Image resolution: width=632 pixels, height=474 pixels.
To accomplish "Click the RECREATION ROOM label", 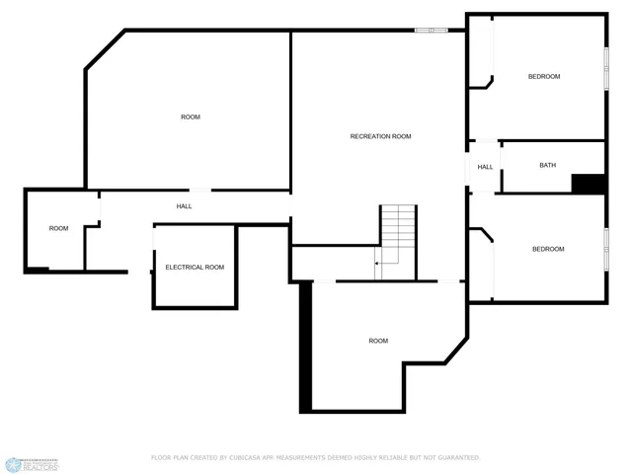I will point(380,136).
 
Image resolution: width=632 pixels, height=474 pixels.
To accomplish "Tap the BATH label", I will point(547,165).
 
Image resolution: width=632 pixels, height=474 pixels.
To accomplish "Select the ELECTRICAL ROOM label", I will point(195,268).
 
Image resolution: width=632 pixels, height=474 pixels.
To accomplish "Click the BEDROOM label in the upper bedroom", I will point(543,76).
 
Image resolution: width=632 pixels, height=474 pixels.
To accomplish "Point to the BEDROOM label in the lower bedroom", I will point(548,249).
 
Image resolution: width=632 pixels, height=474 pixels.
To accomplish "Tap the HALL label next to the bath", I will point(485,167).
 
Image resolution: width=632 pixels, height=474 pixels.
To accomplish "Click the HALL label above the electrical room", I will point(184,206).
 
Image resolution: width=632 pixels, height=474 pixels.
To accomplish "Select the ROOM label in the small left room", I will point(59,228).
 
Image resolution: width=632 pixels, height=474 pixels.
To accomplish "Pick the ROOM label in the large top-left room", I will point(191,117).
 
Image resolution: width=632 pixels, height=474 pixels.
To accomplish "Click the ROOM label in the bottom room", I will point(378,341).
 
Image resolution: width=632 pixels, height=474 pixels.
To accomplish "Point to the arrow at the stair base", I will point(378,264).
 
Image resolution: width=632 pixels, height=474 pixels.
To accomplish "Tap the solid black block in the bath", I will point(589,184).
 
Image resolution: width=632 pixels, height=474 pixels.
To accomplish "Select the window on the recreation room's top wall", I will point(431,31).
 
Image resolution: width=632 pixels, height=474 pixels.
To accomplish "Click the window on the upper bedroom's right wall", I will point(605,69).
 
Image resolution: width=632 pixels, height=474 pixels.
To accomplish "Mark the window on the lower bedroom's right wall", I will point(605,248).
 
